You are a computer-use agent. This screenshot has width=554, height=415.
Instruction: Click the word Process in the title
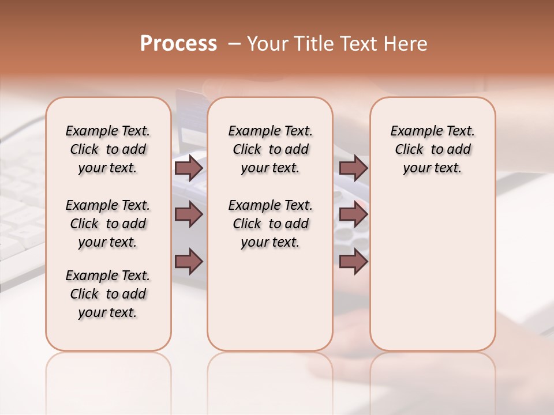[178, 44]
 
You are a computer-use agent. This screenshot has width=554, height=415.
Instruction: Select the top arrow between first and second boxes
[189, 168]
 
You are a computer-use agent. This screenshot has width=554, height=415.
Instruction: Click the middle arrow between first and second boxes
[189, 214]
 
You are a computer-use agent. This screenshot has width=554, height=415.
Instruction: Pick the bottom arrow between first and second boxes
[189, 261]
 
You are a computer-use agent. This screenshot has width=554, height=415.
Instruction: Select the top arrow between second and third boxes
[353, 168]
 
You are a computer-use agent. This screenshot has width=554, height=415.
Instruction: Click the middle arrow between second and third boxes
[353, 214]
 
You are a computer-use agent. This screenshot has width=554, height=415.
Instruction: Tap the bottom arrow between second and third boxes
[353, 261]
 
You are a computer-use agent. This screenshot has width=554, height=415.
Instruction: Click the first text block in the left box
[108, 149]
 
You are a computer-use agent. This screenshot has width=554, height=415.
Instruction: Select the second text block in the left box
[108, 224]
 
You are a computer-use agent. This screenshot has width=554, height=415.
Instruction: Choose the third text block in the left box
[108, 294]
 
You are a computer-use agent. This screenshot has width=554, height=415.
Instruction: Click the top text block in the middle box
[270, 149]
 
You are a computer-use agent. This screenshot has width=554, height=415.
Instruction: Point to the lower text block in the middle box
[270, 224]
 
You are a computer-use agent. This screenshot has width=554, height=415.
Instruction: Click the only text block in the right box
[433, 149]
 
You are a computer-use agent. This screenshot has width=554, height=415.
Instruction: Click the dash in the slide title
[234, 44]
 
